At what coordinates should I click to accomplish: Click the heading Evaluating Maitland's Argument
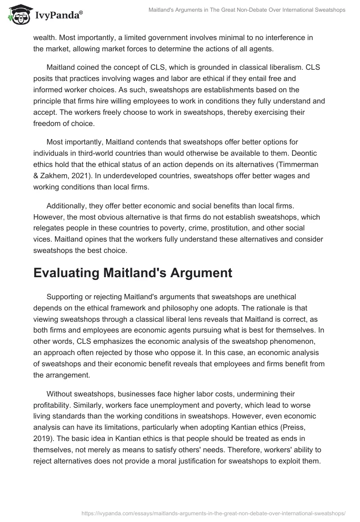(x=132, y=273)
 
